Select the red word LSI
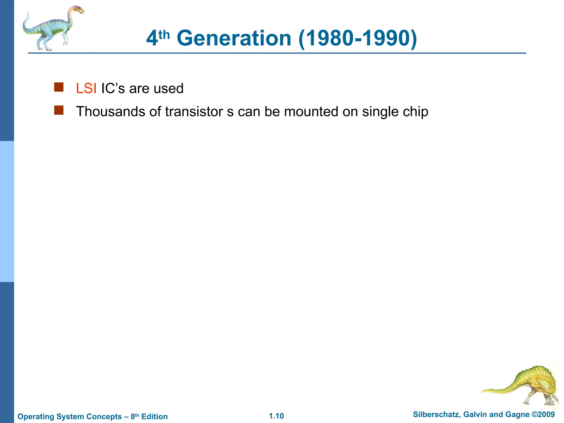[86, 89]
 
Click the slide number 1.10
[276, 416]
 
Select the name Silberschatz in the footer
[436, 414]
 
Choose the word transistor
[194, 112]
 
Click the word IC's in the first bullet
[113, 89]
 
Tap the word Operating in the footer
[36, 416]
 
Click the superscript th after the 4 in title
[164, 35]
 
